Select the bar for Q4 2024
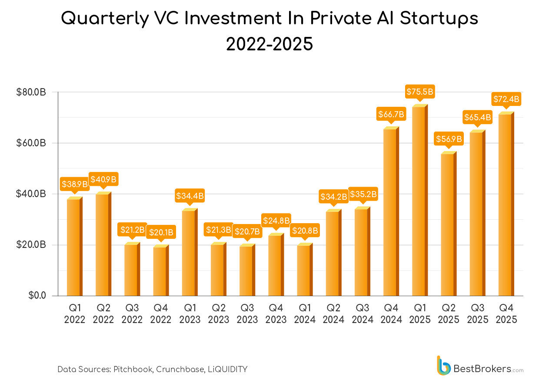390,213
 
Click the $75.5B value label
420,92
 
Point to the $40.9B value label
103,179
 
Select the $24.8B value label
276,221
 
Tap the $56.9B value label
449,139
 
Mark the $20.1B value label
161,232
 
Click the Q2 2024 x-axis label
333,314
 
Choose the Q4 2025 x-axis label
506,314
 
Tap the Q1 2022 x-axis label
74,314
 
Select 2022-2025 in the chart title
269,44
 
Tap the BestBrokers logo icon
443,366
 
